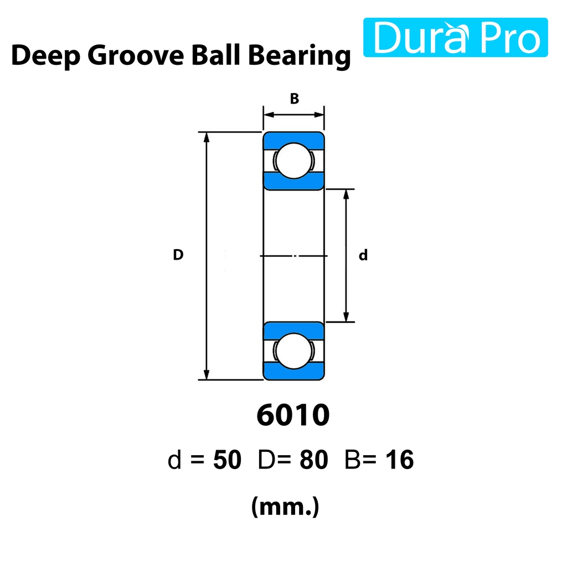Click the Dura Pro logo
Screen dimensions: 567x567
tap(455, 37)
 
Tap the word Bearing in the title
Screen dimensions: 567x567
tap(300, 56)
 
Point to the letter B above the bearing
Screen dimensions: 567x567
tap(295, 99)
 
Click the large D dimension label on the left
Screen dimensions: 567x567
tap(178, 255)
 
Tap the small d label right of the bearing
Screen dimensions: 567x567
tap(363, 255)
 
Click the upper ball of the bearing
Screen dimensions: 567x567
tap(293, 161)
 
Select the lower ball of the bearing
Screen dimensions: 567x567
tap(293, 351)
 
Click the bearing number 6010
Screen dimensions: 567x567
tap(293, 415)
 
